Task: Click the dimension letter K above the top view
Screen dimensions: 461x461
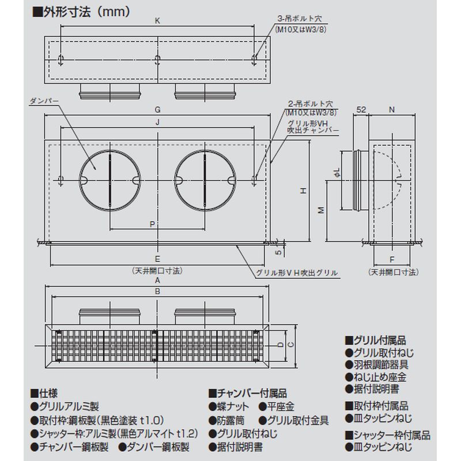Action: [157, 21]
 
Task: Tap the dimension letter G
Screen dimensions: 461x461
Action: [157, 109]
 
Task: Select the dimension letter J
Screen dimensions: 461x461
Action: [157, 122]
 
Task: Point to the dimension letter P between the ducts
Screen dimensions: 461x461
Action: [152, 224]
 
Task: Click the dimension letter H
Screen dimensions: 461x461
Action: [304, 191]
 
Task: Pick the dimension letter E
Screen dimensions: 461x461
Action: [157, 259]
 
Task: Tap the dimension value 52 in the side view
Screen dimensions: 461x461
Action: [361, 109]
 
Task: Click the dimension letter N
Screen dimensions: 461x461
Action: [392, 109]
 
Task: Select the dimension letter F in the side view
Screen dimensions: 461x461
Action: [392, 260]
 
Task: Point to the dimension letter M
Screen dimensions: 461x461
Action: [322, 210]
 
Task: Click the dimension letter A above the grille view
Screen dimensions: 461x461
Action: [157, 281]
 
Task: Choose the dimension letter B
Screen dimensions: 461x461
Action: [157, 292]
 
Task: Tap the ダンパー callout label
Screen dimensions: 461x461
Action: [44, 101]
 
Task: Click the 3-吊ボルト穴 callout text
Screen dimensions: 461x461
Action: [300, 18]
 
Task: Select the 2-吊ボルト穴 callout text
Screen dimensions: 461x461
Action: [311, 104]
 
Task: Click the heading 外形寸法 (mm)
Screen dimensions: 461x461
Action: [81, 12]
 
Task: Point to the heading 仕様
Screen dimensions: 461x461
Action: [44, 393]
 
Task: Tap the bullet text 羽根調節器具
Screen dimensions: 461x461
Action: [377, 365]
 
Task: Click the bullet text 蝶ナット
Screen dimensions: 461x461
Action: [229, 407]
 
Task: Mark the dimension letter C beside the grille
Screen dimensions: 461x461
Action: [290, 344]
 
